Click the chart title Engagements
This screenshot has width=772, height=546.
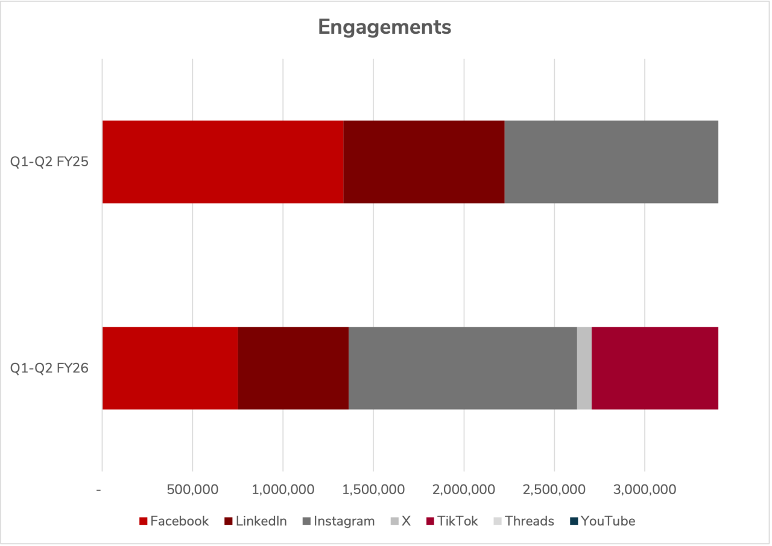384,27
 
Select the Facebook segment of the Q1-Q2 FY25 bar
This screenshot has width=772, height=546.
223,162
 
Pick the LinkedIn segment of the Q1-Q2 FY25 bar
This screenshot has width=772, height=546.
423,162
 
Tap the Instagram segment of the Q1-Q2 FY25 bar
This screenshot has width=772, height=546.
611,162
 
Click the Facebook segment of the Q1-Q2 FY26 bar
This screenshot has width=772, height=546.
170,368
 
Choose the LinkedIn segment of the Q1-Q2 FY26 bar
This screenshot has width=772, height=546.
293,368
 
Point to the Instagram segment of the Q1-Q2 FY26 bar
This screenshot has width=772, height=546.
463,368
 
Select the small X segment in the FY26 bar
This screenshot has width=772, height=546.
584,368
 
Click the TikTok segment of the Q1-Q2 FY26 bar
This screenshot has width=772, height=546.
655,368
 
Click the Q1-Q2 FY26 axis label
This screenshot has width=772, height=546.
49,368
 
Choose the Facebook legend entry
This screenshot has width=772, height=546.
174,521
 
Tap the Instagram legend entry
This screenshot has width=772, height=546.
338,521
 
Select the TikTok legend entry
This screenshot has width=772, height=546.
452,521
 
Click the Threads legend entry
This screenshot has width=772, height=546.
524,521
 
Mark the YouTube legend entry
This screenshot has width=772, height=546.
602,521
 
